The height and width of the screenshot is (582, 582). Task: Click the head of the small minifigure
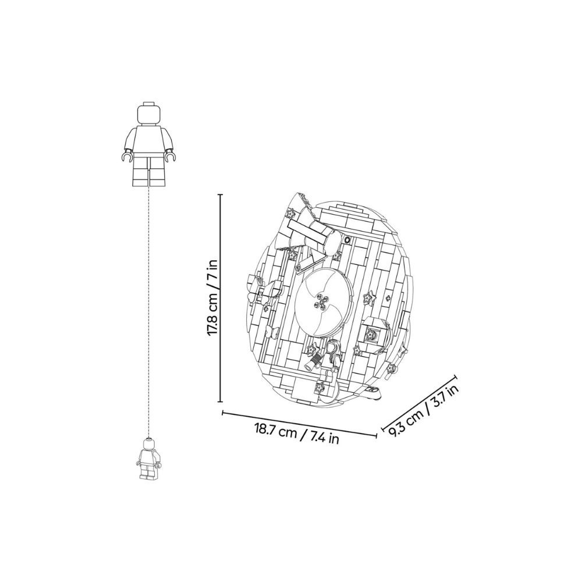(x=148, y=445)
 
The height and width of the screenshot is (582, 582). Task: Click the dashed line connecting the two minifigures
(x=149, y=312)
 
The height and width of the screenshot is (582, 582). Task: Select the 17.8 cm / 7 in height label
(x=214, y=297)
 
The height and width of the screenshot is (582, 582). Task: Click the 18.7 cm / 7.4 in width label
(x=297, y=434)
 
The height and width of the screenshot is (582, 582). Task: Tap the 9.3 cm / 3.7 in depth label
(x=424, y=410)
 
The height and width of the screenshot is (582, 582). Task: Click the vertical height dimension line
(x=221, y=297)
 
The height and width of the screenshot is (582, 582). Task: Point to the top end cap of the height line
(x=221, y=194)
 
